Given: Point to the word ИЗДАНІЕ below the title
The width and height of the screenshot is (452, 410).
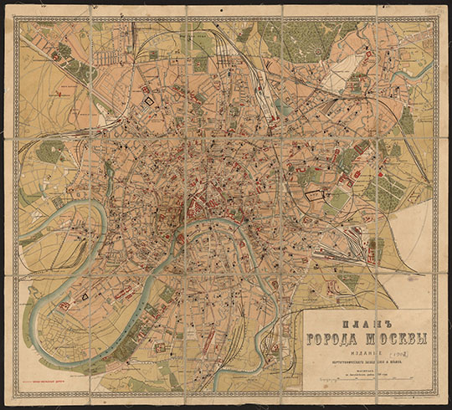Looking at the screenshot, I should (365, 353).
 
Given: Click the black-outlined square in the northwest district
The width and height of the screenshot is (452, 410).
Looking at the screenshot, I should (152, 101).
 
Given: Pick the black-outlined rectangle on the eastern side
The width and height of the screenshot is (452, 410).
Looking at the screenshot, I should (313, 194).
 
